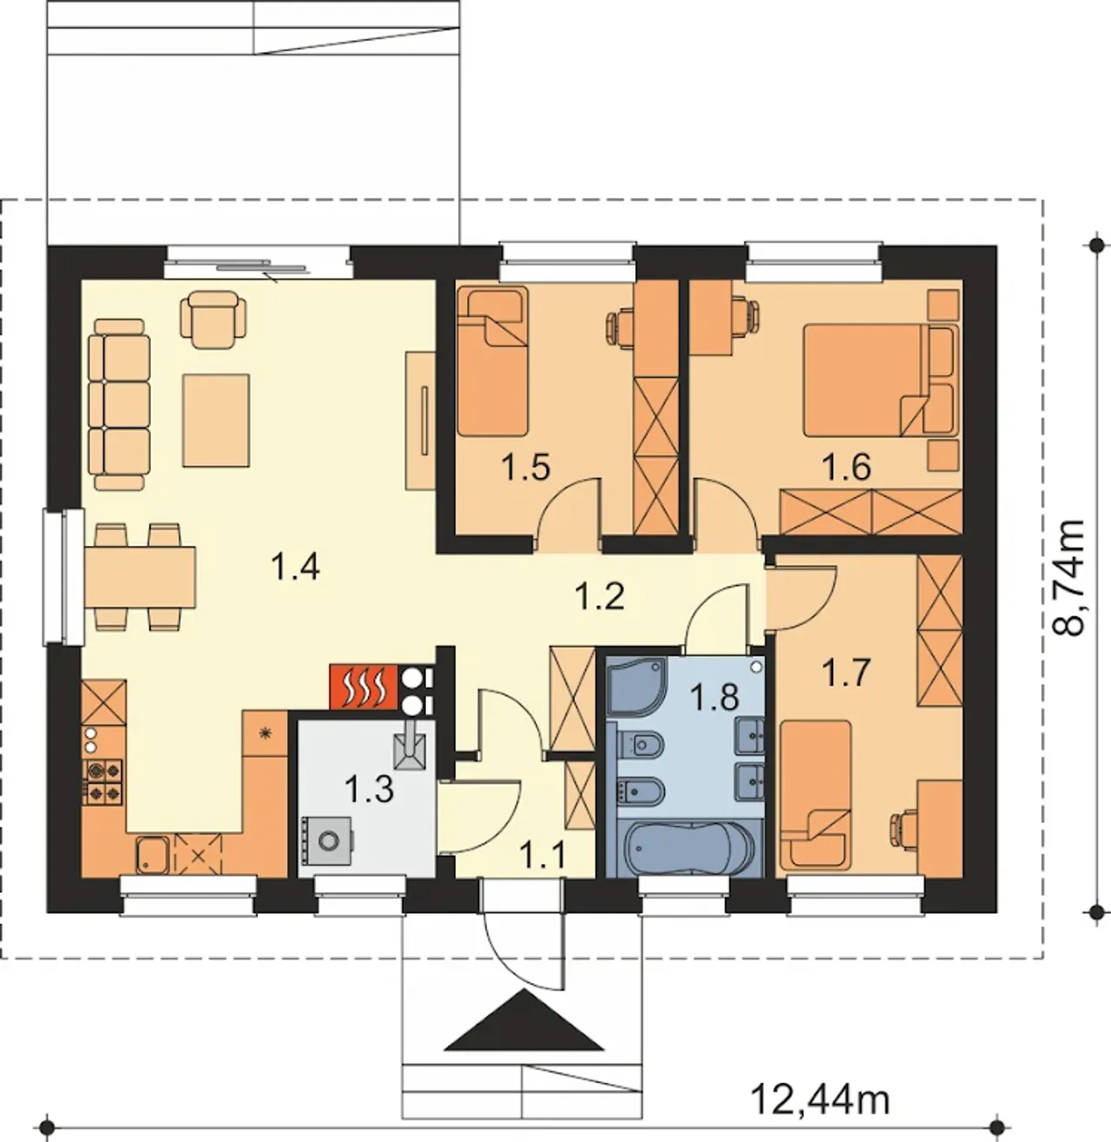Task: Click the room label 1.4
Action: click(295, 568)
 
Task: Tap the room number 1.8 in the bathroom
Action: click(713, 698)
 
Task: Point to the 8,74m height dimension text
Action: click(1068, 578)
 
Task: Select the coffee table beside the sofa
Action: click(216, 421)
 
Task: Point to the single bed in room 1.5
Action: click(492, 362)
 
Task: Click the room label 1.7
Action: click(845, 673)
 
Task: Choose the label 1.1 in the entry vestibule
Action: click(543, 856)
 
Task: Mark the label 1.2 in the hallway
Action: click(599, 596)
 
